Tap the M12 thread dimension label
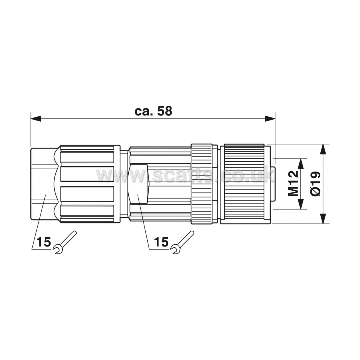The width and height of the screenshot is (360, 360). [x=293, y=184]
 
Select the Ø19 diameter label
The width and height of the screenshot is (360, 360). [x=316, y=184]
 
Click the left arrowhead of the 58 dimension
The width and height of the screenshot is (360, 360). [x=36, y=118]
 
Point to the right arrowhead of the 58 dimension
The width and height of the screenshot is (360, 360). [x=270, y=118]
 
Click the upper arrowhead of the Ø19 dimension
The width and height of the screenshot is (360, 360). [x=323, y=149]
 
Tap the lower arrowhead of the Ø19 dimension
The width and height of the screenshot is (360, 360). [x=323, y=219]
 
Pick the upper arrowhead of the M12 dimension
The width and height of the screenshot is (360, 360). [x=300, y=164]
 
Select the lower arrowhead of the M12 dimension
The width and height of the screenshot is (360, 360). [x=300, y=204]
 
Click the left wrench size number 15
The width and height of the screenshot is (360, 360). [x=43, y=242]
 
